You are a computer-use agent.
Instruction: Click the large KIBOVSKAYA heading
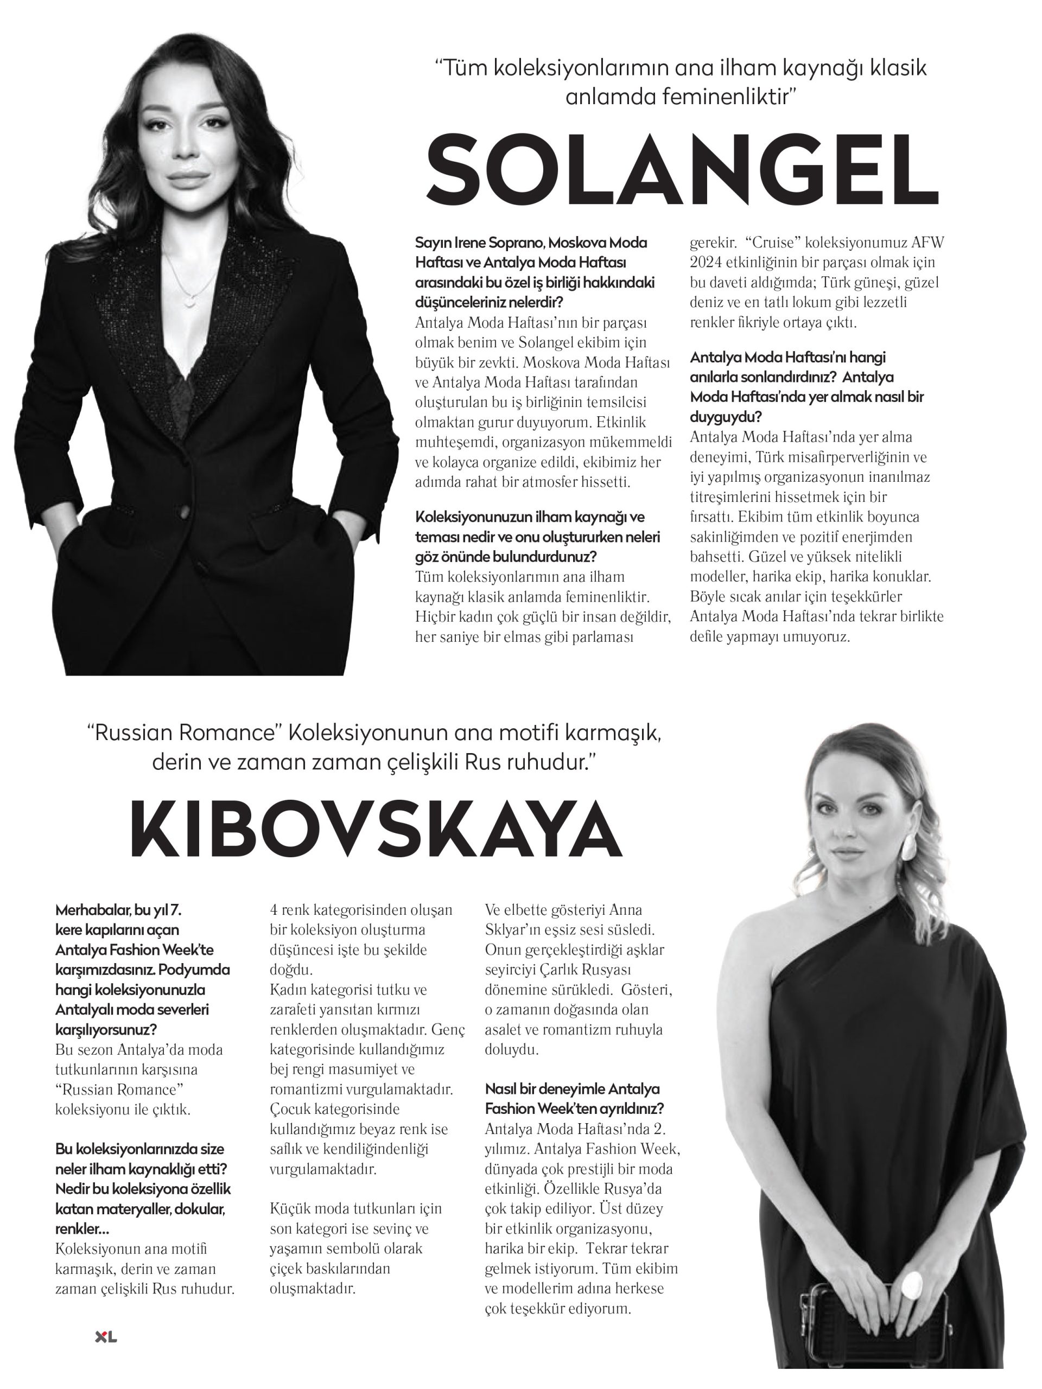tap(376, 830)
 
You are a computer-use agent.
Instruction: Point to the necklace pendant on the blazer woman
tap(188, 302)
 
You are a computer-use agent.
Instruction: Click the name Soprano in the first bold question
tap(516, 243)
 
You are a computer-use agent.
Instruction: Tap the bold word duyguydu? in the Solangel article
tap(726, 417)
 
